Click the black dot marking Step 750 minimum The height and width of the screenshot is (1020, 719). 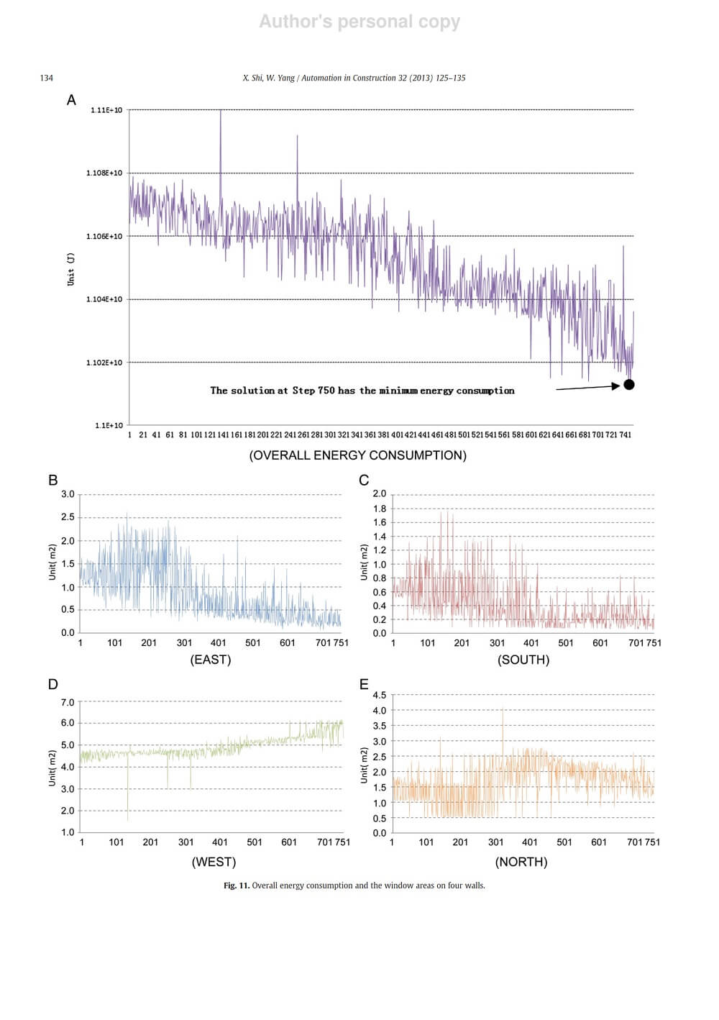[629, 385]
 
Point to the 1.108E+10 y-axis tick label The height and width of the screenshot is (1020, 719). [104, 173]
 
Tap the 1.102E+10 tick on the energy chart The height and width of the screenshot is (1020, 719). [104, 363]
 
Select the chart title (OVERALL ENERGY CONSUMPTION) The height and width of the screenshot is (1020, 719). [357, 455]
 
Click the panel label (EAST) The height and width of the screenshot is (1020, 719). [211, 660]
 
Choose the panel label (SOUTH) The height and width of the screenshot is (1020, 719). [523, 660]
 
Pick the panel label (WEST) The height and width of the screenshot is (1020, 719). [214, 862]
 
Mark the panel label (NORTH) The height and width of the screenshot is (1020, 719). [521, 862]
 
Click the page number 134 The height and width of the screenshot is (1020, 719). [46, 78]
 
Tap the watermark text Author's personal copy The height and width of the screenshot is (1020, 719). [359, 22]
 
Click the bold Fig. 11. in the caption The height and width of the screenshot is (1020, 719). [237, 885]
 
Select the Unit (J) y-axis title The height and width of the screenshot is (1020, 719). [70, 268]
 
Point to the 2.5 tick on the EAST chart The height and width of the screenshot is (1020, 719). [68, 517]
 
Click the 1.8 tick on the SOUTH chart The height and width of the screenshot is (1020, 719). [379, 509]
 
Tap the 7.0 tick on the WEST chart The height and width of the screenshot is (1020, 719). [68, 702]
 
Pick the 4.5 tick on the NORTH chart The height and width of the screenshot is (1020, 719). [379, 695]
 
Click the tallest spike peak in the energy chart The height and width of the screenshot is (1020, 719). [221, 111]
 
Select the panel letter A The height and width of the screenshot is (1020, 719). [71, 100]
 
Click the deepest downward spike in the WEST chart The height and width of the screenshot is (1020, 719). [128, 819]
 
